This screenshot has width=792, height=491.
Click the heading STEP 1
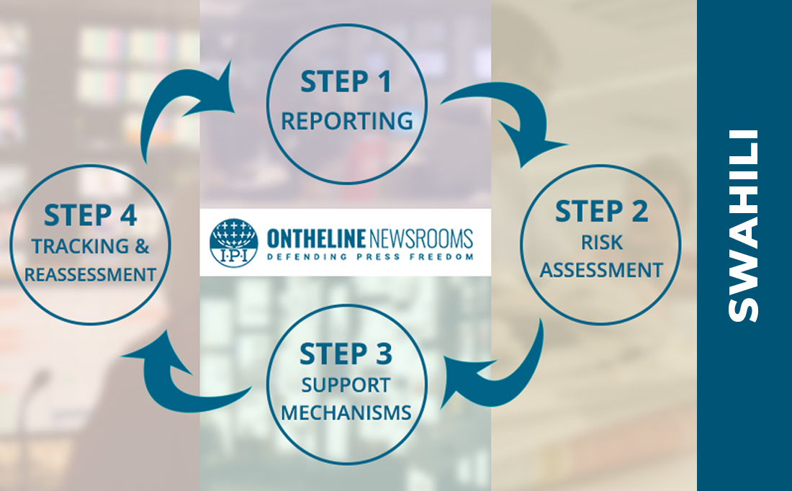[x=346, y=81]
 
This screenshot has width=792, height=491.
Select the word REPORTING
[x=347, y=120]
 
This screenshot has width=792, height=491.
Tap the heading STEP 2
[x=601, y=212]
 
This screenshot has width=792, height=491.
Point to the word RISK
[x=601, y=243]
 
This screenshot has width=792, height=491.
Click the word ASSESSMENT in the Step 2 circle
[x=601, y=271]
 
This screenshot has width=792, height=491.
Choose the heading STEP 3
[x=346, y=354]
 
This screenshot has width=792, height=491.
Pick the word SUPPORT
[x=346, y=385]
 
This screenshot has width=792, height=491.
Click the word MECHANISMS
[x=346, y=413]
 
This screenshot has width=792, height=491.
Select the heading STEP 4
[x=90, y=215]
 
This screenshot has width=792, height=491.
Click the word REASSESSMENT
[x=89, y=274]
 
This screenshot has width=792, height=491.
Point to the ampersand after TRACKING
[x=142, y=247]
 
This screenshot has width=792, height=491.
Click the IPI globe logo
[x=233, y=243]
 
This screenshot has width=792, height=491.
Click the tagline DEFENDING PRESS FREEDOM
[x=369, y=256]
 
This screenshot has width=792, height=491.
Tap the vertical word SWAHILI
[x=743, y=225]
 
